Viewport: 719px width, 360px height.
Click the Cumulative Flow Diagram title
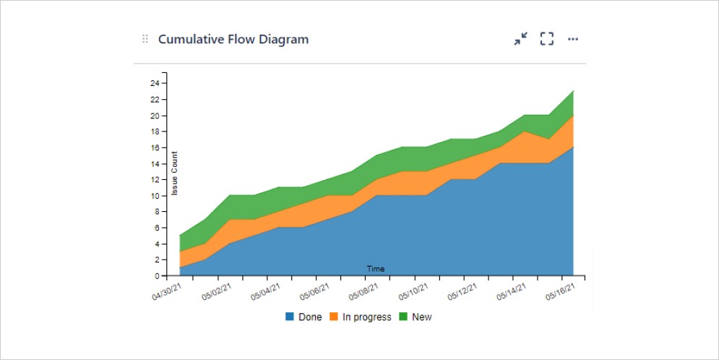point(233,39)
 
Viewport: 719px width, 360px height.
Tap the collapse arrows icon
point(520,39)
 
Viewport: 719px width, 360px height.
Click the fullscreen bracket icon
point(547,39)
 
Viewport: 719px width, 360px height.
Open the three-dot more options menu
point(573,39)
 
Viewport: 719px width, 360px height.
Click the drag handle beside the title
point(145,39)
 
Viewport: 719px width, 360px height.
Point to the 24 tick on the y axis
point(155,83)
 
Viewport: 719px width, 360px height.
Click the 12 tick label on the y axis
point(155,179)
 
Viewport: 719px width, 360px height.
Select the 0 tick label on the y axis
point(157,276)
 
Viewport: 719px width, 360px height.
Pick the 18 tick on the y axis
point(155,132)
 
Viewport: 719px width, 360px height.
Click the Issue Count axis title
point(174,173)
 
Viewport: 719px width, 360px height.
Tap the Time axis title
point(376,269)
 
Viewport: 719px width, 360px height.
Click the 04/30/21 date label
point(168,293)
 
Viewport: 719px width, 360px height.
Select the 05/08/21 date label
point(362,293)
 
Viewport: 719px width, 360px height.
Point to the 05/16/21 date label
point(561,293)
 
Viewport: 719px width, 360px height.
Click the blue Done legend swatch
point(290,317)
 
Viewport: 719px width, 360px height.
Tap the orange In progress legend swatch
point(334,317)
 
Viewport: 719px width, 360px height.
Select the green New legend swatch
point(404,317)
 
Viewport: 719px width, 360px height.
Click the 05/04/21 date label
point(265,293)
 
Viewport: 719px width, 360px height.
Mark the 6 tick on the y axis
point(157,228)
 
